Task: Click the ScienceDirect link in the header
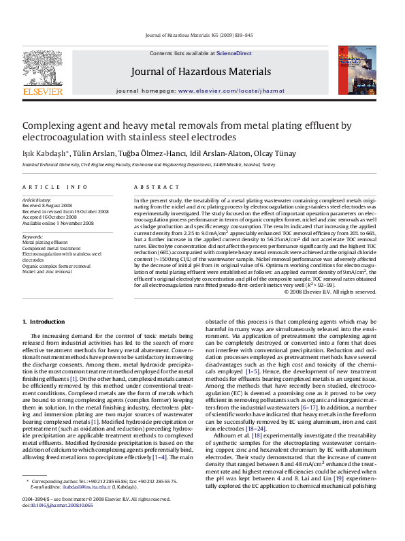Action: (234, 53)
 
